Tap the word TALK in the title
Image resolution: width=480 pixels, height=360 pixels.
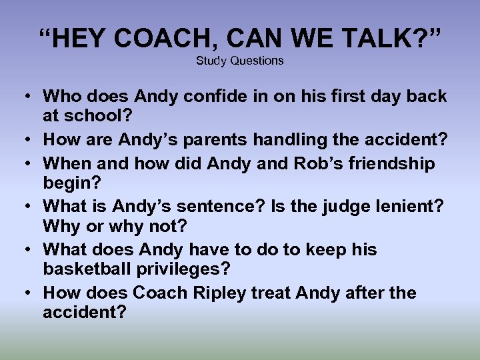tap(367, 39)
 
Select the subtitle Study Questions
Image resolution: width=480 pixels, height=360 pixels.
tap(240, 61)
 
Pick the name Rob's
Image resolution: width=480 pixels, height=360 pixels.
tap(310, 164)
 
